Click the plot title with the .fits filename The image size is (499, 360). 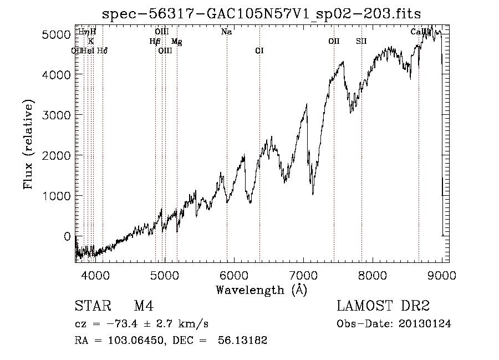pyautogui.click(x=262, y=13)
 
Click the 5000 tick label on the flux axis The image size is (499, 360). pyautogui.click(x=57, y=34)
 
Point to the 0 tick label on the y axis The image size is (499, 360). pyautogui.click(x=67, y=236)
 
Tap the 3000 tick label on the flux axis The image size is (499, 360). pyautogui.click(x=57, y=115)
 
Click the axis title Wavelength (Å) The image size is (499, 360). pyautogui.click(x=261, y=290)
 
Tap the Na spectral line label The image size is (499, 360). pyautogui.click(x=226, y=32)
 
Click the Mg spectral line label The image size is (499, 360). pyautogui.click(x=177, y=42)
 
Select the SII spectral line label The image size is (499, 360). pyautogui.click(x=361, y=42)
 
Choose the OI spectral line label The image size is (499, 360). pyautogui.click(x=259, y=51)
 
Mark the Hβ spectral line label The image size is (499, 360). pyautogui.click(x=155, y=42)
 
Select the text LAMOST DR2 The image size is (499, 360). pyautogui.click(x=383, y=306)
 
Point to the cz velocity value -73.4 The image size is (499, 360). pyautogui.click(x=120, y=324)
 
